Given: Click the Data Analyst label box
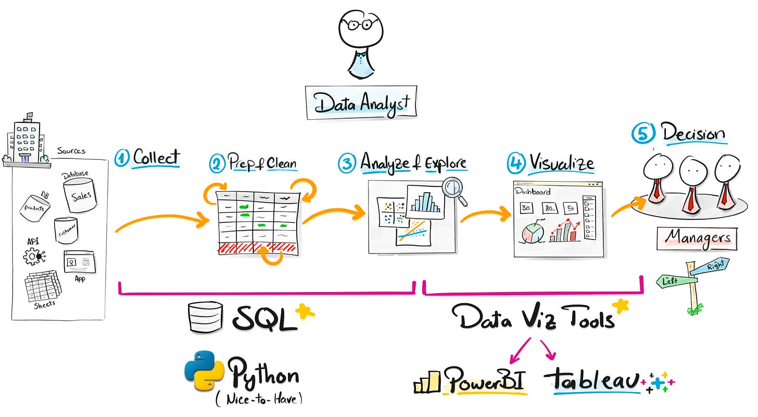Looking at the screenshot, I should click(x=361, y=102).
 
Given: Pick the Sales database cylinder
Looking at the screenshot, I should click(x=80, y=194).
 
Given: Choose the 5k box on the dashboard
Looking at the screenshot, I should click(x=571, y=208).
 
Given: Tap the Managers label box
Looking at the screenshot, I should click(x=697, y=238).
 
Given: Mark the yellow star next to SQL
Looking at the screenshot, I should click(x=305, y=312).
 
